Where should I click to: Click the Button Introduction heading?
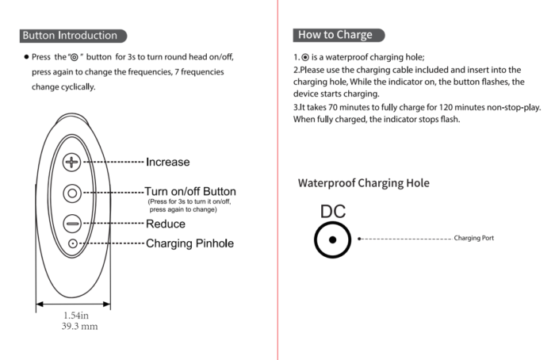71,36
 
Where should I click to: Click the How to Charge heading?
335,35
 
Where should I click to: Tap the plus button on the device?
72,163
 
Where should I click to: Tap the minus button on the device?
72,224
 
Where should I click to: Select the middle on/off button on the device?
72,193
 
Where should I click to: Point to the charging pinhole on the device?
72,243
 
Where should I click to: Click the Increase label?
167,162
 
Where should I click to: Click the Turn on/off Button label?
189,192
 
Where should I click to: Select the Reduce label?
165,224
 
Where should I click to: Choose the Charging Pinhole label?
189,243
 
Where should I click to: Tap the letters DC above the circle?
333,213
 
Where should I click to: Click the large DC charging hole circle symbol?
333,239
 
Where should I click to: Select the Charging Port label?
473,238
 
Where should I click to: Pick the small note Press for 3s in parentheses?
189,202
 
